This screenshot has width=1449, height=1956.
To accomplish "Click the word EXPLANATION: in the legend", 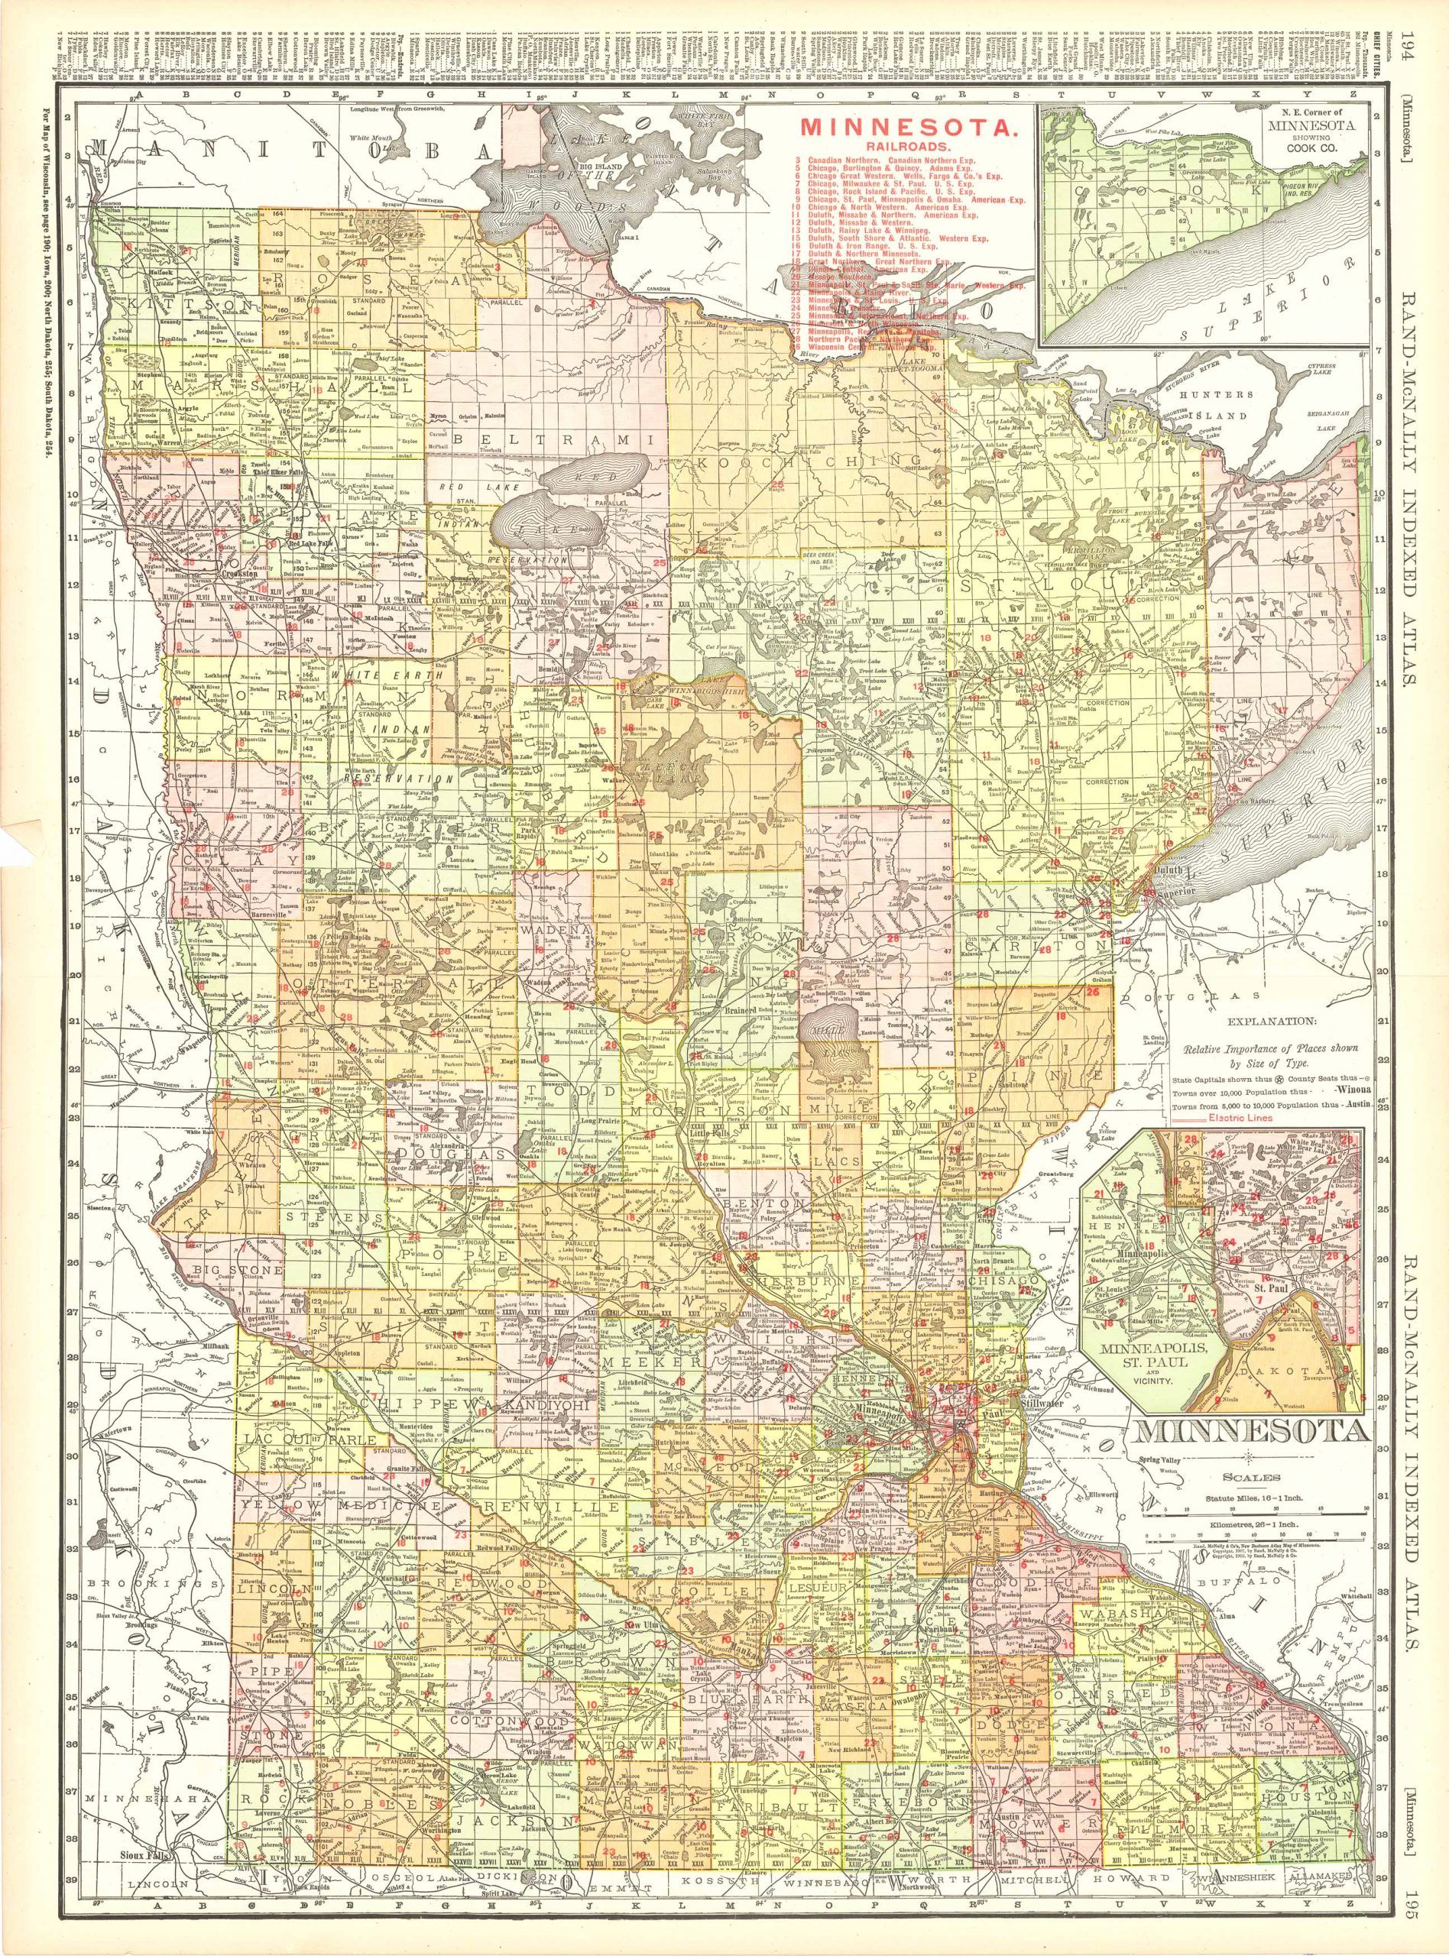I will (x=1266, y=1022).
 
